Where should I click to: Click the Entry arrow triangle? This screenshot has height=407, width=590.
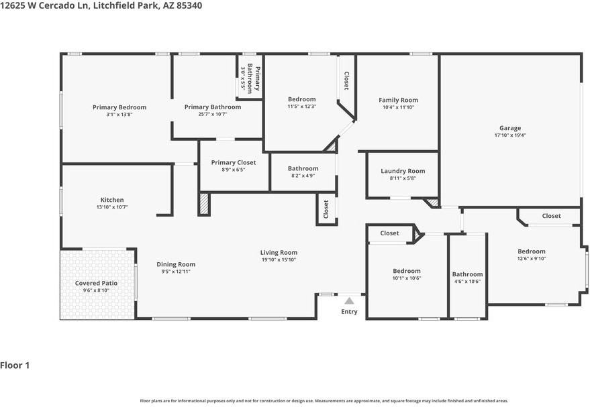[349, 301]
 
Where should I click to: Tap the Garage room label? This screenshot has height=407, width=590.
[509, 128]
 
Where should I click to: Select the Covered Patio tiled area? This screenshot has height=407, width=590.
[96, 284]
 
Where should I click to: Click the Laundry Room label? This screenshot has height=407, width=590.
[403, 171]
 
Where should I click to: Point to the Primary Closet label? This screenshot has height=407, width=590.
[233, 162]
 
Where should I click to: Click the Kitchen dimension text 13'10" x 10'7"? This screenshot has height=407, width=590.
[112, 207]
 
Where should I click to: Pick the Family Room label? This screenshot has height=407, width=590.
[398, 100]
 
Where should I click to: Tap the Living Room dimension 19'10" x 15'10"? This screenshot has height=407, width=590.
[279, 259]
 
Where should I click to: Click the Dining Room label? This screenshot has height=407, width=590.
[176, 264]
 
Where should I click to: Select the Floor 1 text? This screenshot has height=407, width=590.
[15, 365]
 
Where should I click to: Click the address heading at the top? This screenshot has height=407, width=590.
[101, 5]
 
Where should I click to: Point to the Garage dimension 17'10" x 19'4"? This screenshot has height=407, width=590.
[509, 135]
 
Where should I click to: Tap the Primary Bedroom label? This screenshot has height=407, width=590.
[119, 107]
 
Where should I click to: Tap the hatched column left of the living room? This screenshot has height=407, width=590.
[204, 205]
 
